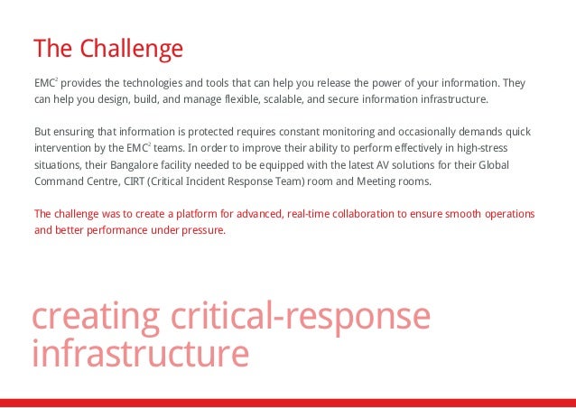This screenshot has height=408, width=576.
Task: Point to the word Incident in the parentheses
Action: (x=237, y=181)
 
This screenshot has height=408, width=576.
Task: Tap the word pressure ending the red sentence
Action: (x=200, y=231)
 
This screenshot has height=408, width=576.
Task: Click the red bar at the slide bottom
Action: (x=288, y=403)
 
